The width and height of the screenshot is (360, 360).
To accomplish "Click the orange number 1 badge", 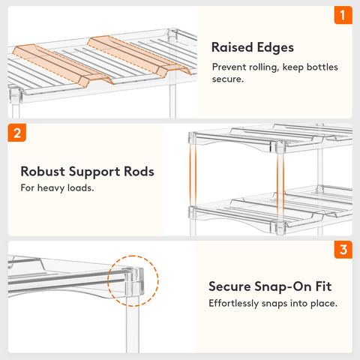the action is (x=343, y=15).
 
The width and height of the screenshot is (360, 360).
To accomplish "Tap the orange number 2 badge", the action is (x=17, y=133).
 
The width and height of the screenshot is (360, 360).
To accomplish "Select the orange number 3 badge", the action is (x=343, y=250).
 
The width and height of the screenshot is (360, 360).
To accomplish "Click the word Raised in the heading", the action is (x=232, y=47).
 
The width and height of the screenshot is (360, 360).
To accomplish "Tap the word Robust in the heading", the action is (x=43, y=172).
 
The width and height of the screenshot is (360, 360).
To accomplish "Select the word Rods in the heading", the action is (x=139, y=172).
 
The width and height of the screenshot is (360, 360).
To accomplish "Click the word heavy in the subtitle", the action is (x=51, y=188).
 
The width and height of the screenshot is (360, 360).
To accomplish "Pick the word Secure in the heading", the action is (x=229, y=286).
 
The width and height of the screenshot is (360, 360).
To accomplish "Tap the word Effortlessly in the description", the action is (x=234, y=304).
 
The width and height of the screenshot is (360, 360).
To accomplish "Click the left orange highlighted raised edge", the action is (x=62, y=65).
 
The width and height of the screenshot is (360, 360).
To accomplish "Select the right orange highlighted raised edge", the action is (x=139, y=55).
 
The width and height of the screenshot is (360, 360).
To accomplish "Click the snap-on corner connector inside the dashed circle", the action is (x=134, y=281).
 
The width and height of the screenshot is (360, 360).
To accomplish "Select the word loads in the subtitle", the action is (x=81, y=188).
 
